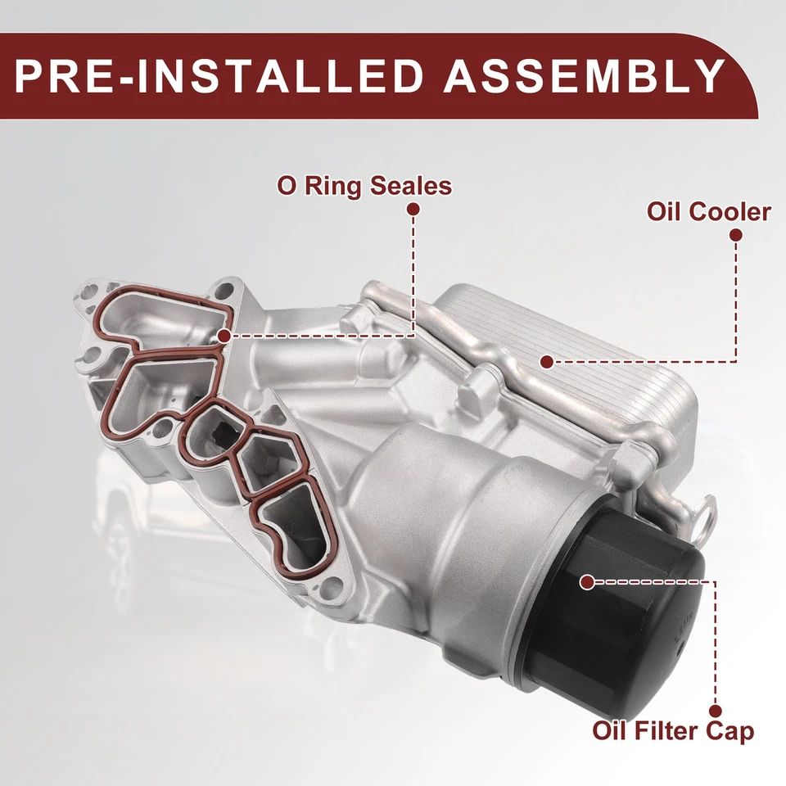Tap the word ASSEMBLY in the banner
pyautogui.click(x=582, y=75)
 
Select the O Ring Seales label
pyautogui.click(x=364, y=185)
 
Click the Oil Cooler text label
pyautogui.click(x=708, y=211)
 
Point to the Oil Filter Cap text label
pyautogui.click(x=673, y=730)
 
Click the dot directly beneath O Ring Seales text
pyautogui.click(x=413, y=210)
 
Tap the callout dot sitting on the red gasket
pyautogui.click(x=224, y=335)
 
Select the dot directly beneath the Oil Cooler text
pyautogui.click(x=735, y=235)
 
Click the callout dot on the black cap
pyautogui.click(x=586, y=581)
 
